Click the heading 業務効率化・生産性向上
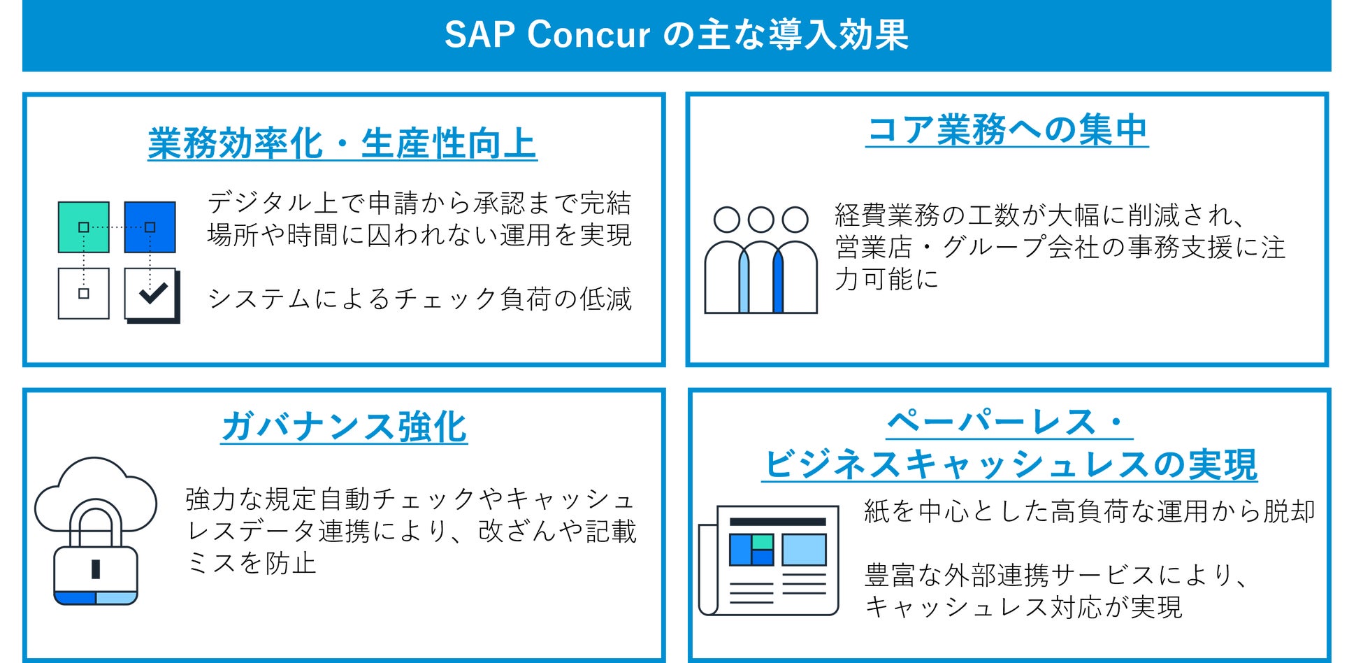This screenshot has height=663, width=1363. tap(342, 144)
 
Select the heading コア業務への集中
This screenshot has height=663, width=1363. tap(1007, 130)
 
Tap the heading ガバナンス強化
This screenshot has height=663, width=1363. tap(345, 427)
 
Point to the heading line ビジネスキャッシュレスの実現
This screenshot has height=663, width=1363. tap(1009, 464)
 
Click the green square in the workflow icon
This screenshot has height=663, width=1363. tap(84, 227)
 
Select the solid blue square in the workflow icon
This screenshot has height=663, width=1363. tap(150, 227)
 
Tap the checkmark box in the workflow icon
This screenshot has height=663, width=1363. tap(152, 294)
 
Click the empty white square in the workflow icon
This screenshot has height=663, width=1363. tap(84, 294)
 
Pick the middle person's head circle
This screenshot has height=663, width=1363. tap(761, 219)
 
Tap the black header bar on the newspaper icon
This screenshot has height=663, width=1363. tap(778, 522)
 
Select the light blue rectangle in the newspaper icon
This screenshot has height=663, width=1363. tap(805, 550)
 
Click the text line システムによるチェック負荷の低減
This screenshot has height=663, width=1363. tap(419, 299)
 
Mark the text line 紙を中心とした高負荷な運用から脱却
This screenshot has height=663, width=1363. tap(1090, 511)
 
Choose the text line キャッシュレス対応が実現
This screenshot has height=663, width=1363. tap(1023, 607)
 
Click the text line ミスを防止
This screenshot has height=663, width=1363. tap(252, 563)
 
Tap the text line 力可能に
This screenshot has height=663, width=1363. tap(886, 279)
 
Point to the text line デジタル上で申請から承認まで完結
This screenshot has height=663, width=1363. tap(419, 203)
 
